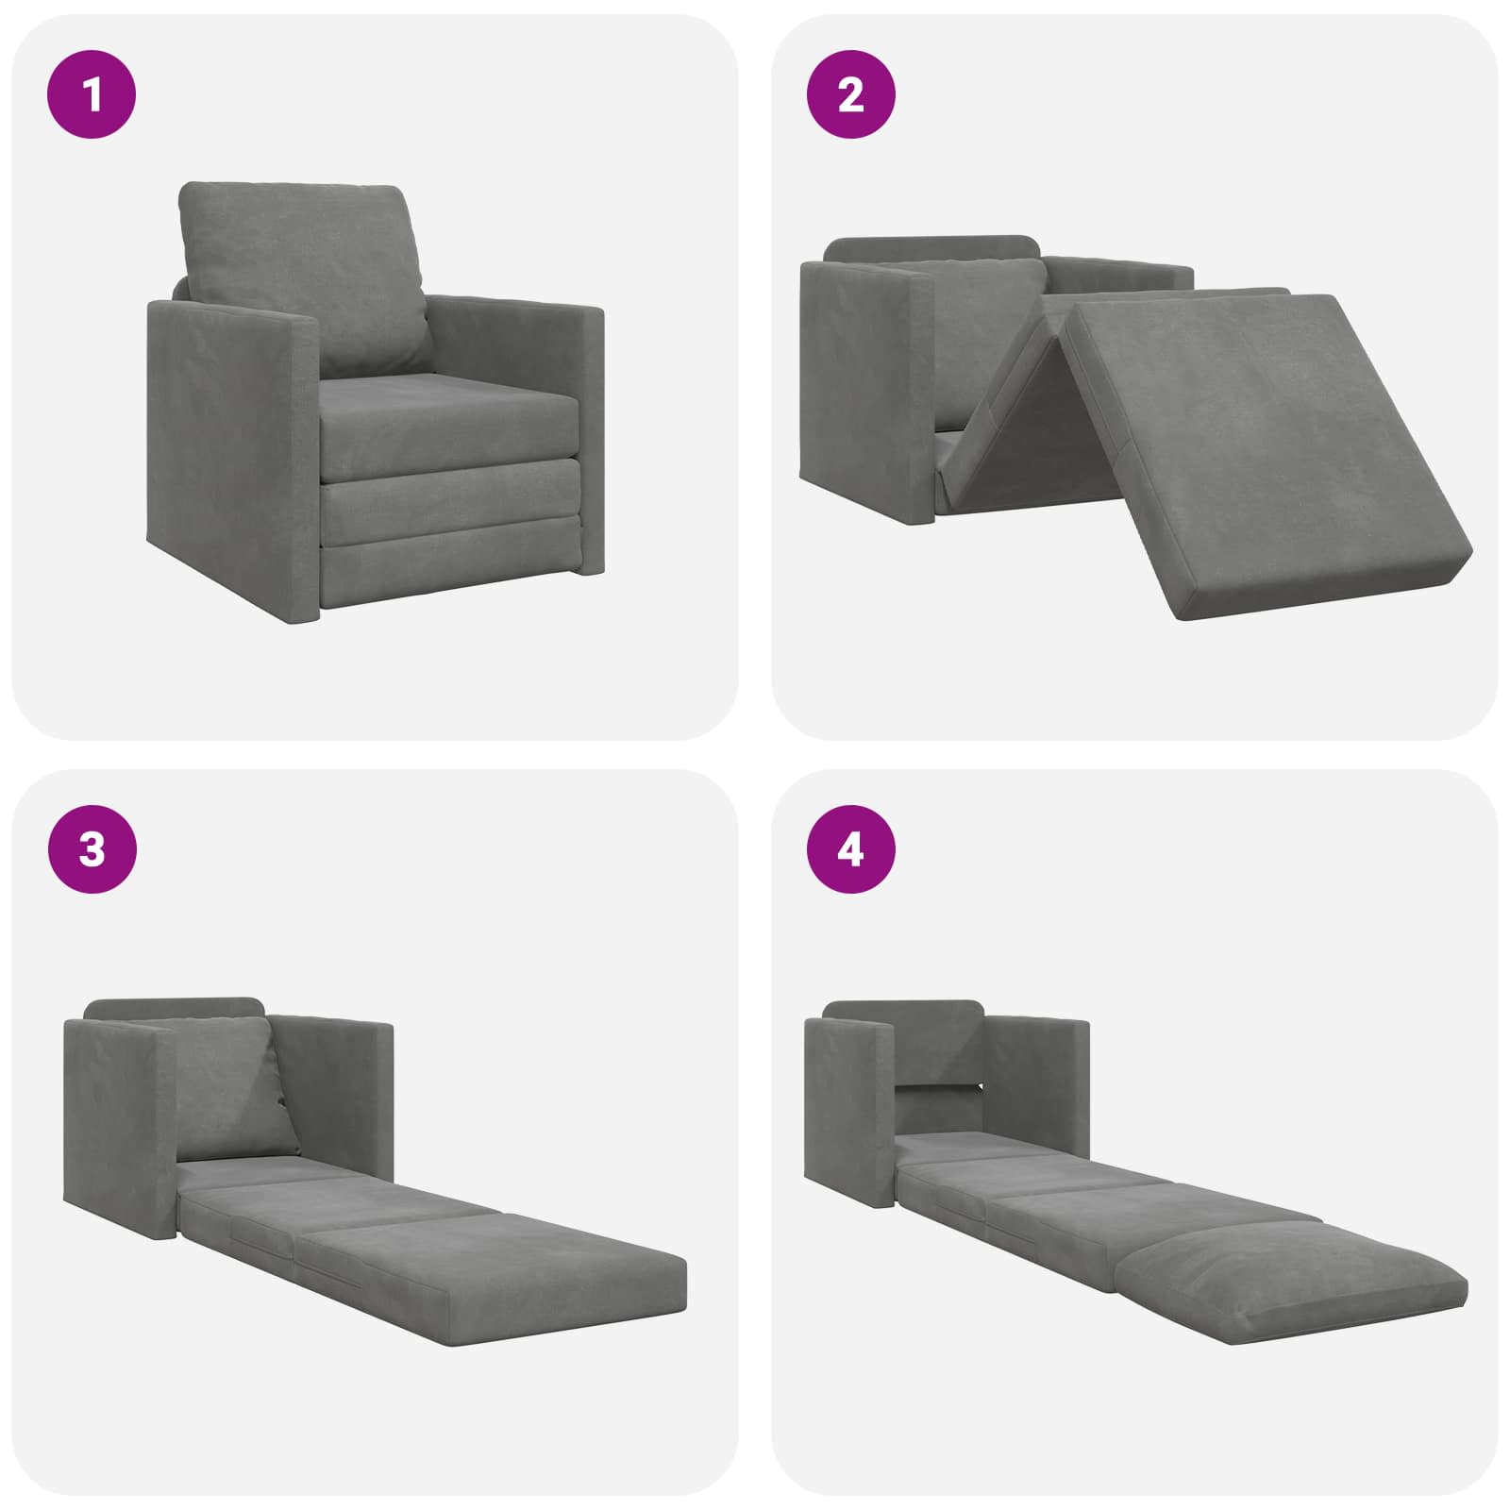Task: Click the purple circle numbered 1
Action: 92,94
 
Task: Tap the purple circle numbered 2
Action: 850,94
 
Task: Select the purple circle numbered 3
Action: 92,849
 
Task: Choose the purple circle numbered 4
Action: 850,849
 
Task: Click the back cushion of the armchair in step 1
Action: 302,278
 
